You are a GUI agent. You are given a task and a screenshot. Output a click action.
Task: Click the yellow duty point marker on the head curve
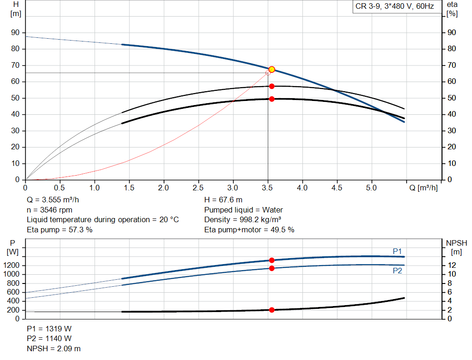point(271,69)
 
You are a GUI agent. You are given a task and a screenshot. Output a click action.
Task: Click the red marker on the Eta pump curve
point(271,86)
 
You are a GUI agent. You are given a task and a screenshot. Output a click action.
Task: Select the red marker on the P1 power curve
point(271,260)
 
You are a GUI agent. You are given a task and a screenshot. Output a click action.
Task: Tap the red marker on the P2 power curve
point(271,268)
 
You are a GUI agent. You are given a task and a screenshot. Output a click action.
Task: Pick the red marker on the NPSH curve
point(271,310)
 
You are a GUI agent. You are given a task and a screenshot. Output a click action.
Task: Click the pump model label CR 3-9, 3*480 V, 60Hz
point(394,6)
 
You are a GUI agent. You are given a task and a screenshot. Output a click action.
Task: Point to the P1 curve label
point(397,251)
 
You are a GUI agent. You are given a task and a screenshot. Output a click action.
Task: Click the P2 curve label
point(397,271)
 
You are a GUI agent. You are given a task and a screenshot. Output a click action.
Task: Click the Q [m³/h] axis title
point(424,188)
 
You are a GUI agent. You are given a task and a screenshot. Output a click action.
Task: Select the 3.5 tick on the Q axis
point(268,188)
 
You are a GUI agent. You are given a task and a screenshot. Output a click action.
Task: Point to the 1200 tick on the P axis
point(13,266)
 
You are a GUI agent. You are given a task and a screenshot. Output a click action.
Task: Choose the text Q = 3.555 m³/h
point(56,200)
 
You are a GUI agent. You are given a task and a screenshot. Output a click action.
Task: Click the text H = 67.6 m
point(223,200)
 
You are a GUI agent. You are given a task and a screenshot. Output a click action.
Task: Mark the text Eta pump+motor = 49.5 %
point(249,230)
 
